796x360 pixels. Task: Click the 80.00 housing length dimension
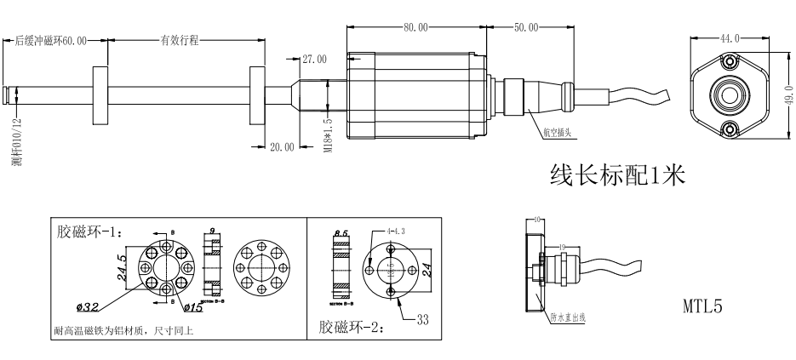(x=416, y=28)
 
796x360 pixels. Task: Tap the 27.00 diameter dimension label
(x=314, y=60)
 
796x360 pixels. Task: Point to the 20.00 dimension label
(x=282, y=146)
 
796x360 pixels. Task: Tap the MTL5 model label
(x=702, y=306)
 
